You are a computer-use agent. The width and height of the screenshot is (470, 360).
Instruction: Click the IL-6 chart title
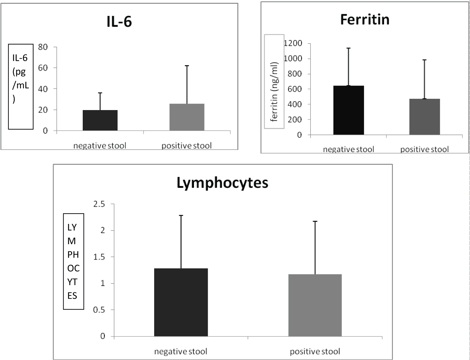(x=119, y=22)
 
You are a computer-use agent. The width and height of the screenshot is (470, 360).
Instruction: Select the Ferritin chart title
(x=365, y=20)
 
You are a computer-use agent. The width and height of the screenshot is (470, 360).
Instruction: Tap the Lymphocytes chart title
(x=222, y=183)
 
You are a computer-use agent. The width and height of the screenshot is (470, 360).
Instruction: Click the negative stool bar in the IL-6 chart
(x=100, y=120)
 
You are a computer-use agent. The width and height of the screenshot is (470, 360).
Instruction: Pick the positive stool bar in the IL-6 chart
(x=187, y=117)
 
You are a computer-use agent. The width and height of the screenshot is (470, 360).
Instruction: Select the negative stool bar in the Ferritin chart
(x=348, y=110)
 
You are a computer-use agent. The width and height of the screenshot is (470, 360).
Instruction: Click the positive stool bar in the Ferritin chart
(x=425, y=117)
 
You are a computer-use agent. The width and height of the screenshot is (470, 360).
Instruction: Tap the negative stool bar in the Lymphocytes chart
(x=181, y=302)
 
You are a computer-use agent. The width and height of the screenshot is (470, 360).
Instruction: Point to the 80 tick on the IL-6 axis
(x=43, y=47)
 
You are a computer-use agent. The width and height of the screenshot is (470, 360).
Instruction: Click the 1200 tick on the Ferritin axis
(x=293, y=43)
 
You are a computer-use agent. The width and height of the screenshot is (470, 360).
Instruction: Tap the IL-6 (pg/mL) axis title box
(x=20, y=86)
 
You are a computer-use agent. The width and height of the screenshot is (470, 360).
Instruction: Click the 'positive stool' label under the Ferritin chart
(x=425, y=149)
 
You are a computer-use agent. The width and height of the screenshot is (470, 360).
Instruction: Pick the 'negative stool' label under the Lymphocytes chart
(x=181, y=352)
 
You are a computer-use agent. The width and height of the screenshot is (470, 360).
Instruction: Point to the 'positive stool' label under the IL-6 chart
(x=187, y=146)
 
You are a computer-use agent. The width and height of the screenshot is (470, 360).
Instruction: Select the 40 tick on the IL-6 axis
(x=43, y=89)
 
